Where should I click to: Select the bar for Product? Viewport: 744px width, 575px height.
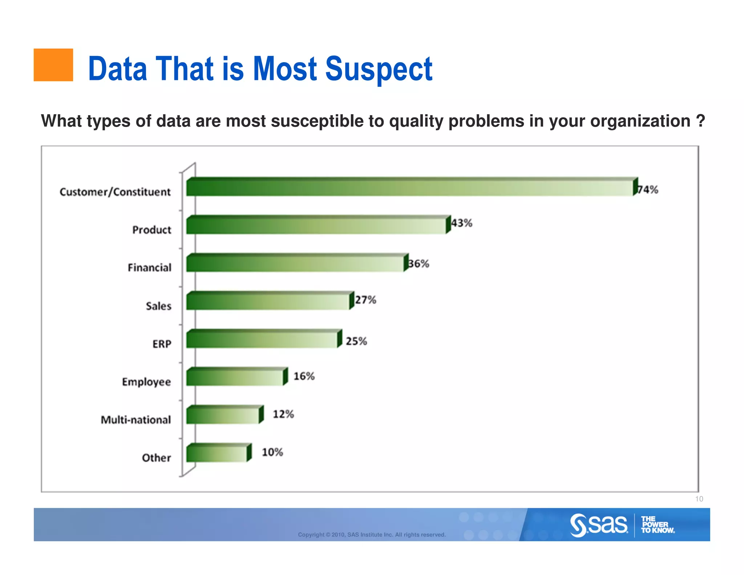pos(316,226)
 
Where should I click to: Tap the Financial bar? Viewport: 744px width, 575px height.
pos(295,264)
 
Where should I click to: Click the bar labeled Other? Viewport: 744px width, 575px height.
pos(217,454)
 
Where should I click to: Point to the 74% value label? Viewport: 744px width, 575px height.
pos(648,190)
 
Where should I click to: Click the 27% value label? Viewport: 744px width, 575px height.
pos(365,300)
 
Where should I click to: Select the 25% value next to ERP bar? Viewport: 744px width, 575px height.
pos(356,341)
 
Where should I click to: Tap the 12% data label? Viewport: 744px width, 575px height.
pos(283,414)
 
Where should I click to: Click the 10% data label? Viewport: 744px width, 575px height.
pos(272,452)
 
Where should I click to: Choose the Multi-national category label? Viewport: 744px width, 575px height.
pos(136,420)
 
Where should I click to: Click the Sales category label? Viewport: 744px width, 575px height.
pos(158,306)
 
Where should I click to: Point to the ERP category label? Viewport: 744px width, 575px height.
pos(162,344)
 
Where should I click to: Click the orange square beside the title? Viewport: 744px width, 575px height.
pos(53,65)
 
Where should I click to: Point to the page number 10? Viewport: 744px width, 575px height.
pos(699,499)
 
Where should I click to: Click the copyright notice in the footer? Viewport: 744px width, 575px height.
pos(372,535)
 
